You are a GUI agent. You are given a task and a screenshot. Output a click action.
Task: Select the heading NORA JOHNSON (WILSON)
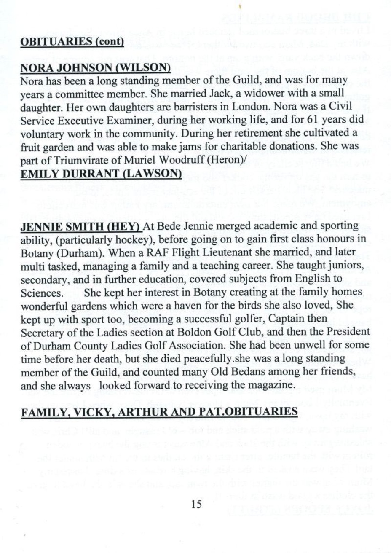[x=95, y=68]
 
